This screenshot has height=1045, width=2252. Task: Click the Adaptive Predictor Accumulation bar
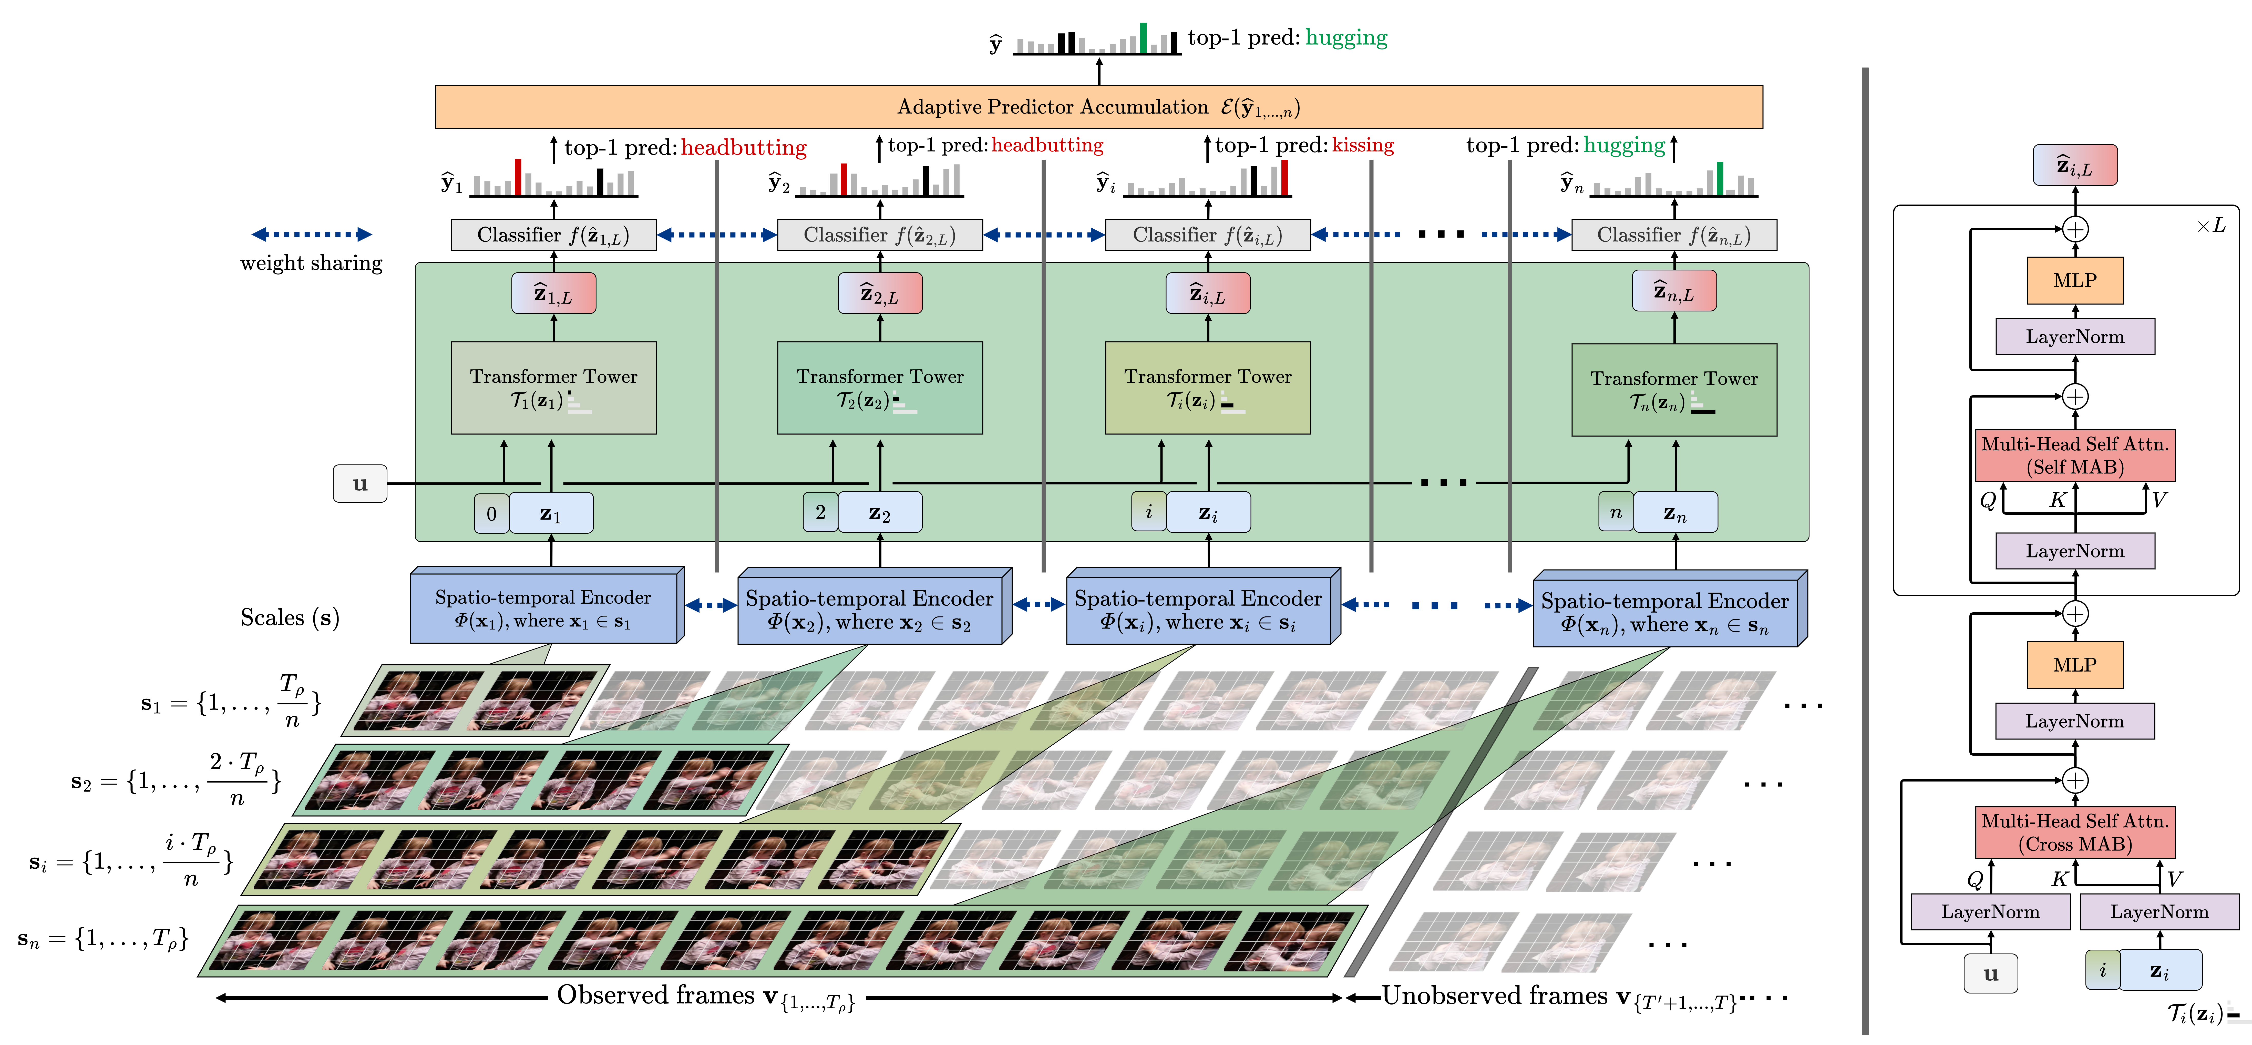(1098, 107)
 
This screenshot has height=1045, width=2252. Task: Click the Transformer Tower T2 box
(879, 387)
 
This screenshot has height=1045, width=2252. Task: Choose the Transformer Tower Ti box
(1207, 387)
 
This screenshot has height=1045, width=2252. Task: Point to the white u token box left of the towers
(359, 484)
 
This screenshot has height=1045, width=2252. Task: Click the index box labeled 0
(491, 513)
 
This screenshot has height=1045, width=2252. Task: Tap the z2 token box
(879, 512)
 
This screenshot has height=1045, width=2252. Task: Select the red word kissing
(1362, 145)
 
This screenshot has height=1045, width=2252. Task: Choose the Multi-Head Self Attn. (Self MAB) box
(2074, 455)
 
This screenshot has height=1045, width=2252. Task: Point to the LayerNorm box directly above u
(1990, 911)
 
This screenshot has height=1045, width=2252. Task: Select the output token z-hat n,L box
(1673, 291)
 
